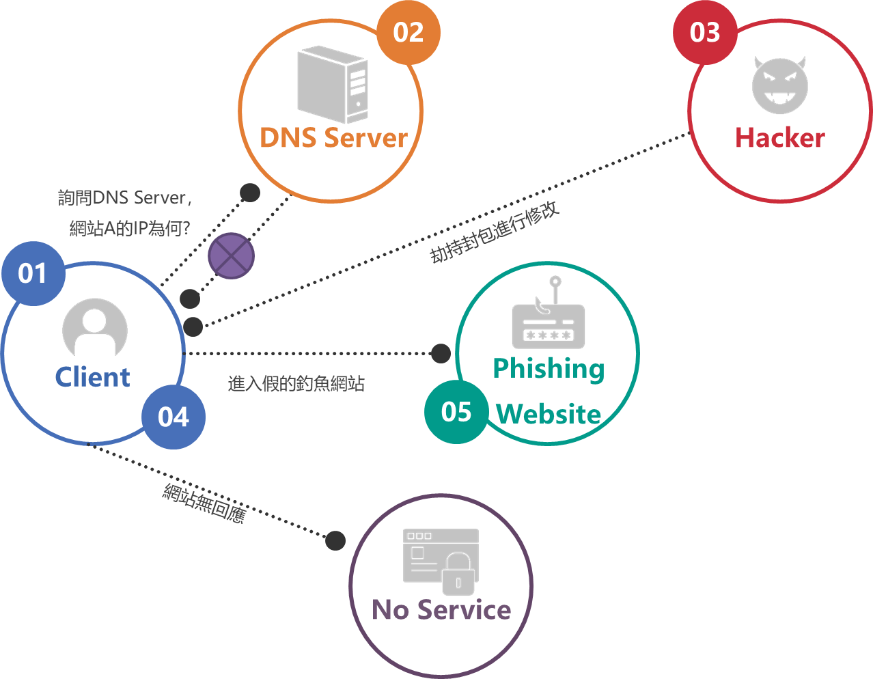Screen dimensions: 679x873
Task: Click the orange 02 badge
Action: point(408,33)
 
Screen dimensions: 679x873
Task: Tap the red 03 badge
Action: point(705,33)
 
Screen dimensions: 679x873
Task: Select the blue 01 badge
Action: point(33,274)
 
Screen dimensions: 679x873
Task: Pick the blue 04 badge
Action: point(174,417)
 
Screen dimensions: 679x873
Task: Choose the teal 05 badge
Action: point(456,412)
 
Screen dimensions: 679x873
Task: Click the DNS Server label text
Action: point(333,137)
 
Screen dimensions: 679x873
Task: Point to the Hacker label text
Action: point(780,137)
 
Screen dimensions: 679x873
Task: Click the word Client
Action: point(92,377)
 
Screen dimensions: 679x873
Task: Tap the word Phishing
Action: point(549,369)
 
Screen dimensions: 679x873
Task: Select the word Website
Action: point(549,414)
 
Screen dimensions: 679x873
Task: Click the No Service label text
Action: point(441,609)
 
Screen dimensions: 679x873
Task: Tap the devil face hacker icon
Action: point(780,85)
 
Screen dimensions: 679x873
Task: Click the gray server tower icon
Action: point(333,83)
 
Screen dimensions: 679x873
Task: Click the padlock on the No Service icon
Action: point(458,575)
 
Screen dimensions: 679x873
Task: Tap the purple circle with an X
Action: point(232,256)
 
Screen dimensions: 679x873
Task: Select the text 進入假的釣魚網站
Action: point(296,384)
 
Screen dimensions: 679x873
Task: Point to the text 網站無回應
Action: point(204,503)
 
